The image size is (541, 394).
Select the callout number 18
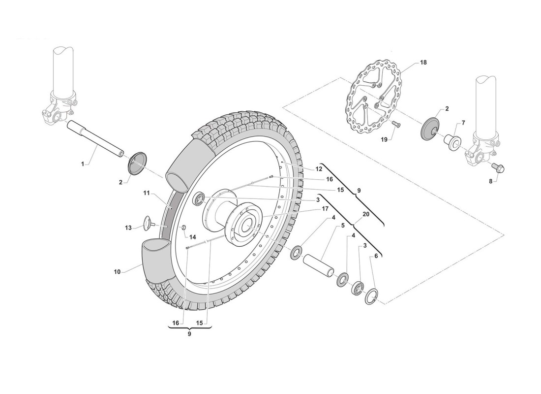pyautogui.click(x=423, y=63)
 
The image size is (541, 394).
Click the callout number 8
pyautogui.click(x=490, y=181)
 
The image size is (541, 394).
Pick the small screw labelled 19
pyautogui.click(x=396, y=125)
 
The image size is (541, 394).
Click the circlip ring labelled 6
pyautogui.click(x=372, y=295)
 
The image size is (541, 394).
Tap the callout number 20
pyautogui.click(x=365, y=214)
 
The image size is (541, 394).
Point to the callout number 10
pyautogui.click(x=118, y=271)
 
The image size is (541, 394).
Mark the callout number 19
pyautogui.click(x=385, y=139)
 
